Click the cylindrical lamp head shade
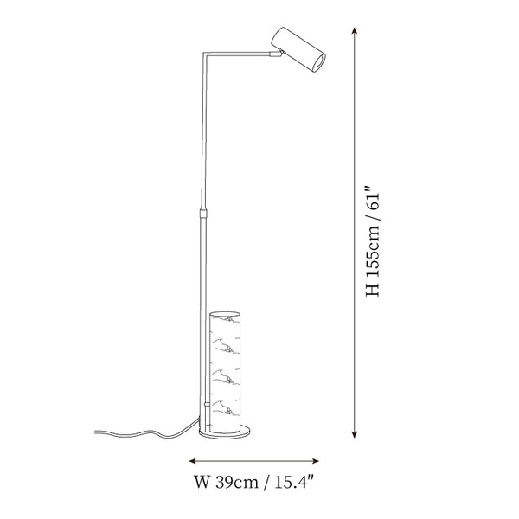298,49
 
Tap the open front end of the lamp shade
319,63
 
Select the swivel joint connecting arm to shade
277,53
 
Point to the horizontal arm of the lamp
237,53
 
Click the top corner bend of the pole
205,53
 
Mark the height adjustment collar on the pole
204,212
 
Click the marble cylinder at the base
225,372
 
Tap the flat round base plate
225,432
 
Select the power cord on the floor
146,432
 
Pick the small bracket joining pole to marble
207,405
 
